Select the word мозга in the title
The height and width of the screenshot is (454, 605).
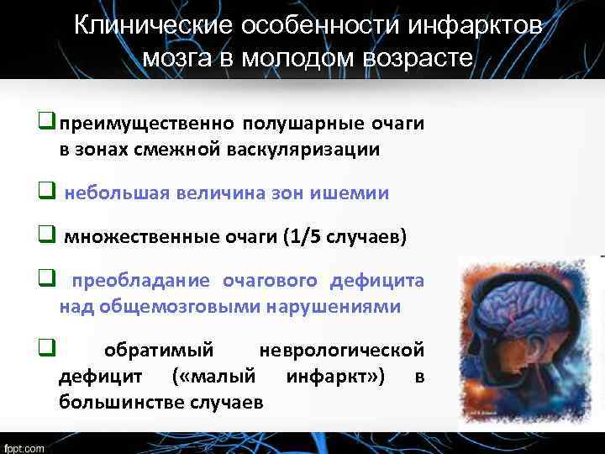coord(173,59)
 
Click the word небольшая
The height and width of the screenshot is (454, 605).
coord(118,193)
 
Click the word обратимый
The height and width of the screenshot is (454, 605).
coord(158,349)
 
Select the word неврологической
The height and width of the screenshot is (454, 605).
coord(342,349)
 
